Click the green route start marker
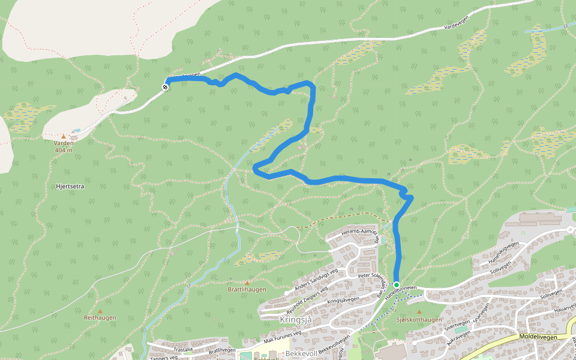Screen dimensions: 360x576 pyautogui.click(x=396, y=284)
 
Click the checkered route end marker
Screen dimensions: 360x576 pyautogui.click(x=165, y=87)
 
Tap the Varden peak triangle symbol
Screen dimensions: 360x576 pyautogui.click(x=64, y=136)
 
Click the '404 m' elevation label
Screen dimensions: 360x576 pyautogui.click(x=63, y=150)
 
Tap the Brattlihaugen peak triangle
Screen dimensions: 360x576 pyautogui.click(x=246, y=282)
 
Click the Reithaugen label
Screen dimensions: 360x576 pyautogui.click(x=100, y=317)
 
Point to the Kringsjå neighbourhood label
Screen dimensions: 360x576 pyautogui.click(x=296, y=319)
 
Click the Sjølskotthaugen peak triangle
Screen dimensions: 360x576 pyautogui.click(x=419, y=312)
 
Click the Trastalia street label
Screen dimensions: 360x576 pyautogui.click(x=183, y=349)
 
